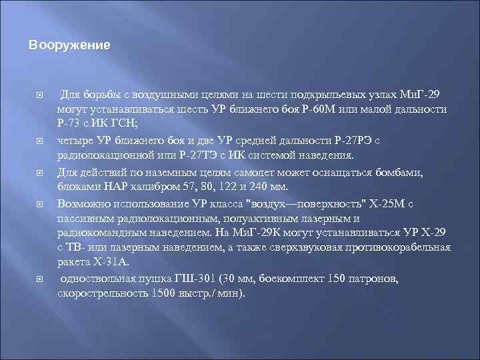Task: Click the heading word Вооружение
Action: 69,46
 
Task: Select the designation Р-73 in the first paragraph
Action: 71,124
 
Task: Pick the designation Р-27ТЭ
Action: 200,156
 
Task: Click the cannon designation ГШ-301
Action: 188,279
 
